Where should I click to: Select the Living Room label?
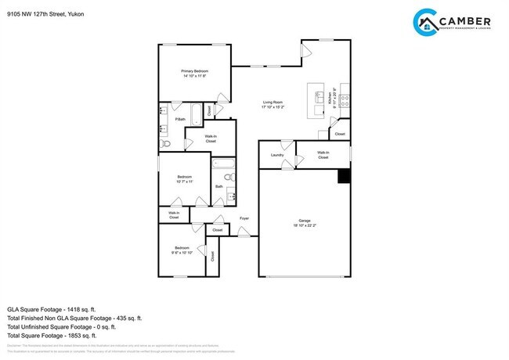pos(273,103)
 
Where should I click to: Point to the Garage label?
pos(305,221)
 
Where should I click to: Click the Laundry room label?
pos(276,155)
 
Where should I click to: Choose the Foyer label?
pos(244,218)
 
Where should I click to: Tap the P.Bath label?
pos(179,119)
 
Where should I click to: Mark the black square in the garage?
pos(343,177)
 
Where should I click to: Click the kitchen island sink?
pos(318,97)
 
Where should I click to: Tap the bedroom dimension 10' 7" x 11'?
pos(184,182)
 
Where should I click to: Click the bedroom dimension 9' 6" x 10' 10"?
pos(182,252)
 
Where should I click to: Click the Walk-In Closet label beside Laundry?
pos(323,155)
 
